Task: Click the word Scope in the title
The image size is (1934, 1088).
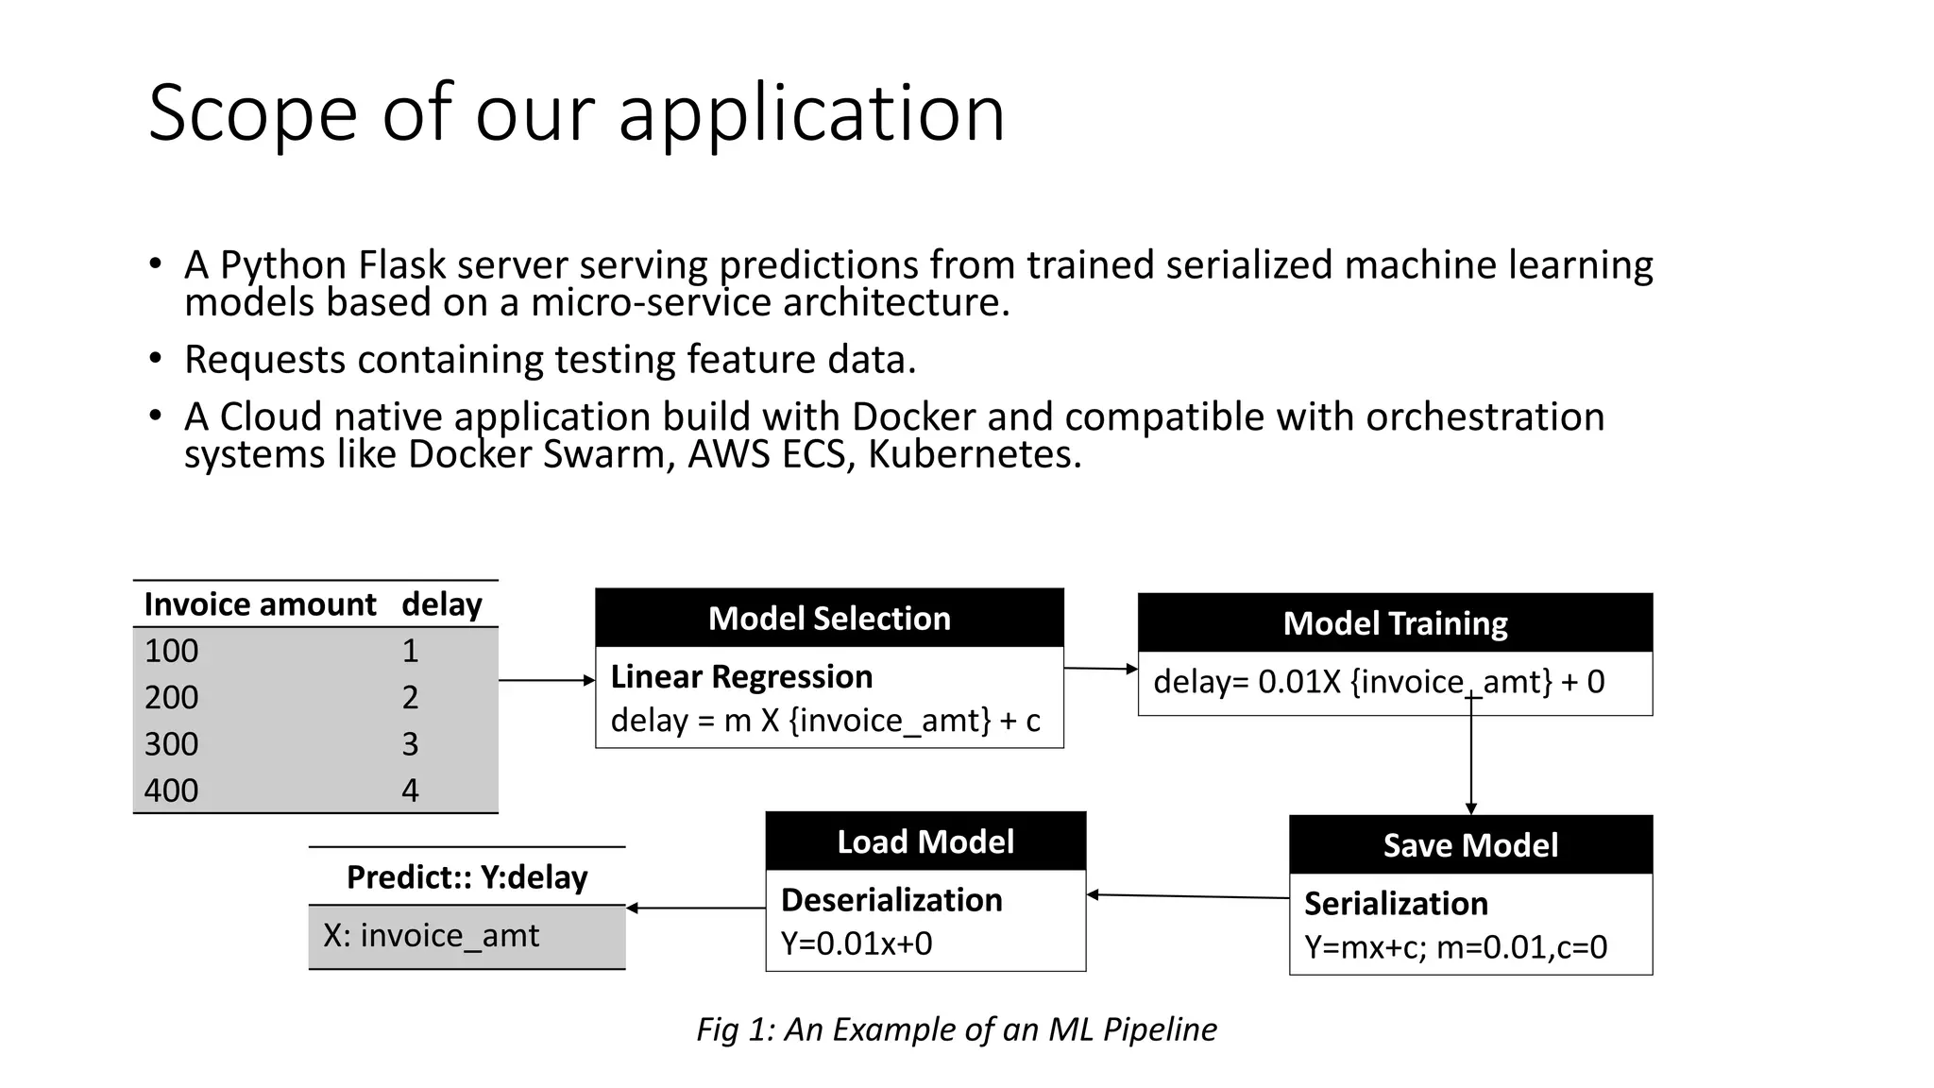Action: click(252, 113)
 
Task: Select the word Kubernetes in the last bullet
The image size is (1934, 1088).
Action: click(973, 454)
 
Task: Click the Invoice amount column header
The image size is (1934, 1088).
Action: click(260, 604)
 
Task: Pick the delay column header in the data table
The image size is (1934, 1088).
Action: click(441, 604)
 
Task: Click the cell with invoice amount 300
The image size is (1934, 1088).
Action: click(171, 744)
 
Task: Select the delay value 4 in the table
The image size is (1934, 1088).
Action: click(410, 790)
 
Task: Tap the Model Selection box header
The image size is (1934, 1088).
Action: click(829, 619)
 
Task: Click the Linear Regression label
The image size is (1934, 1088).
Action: click(741, 677)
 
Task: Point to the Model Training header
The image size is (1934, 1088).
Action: click(1395, 623)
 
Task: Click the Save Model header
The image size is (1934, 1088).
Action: click(1470, 845)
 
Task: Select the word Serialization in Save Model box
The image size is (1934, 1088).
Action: click(1396, 904)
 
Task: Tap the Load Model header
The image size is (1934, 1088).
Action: click(925, 841)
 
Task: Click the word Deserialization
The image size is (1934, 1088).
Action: click(891, 900)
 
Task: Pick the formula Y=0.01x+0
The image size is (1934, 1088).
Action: click(856, 943)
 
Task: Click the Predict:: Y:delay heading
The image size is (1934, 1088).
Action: click(467, 877)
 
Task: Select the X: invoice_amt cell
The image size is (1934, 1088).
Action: click(431, 936)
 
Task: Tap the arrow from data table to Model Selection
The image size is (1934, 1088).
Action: click(546, 680)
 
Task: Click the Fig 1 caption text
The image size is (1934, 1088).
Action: click(956, 1028)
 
